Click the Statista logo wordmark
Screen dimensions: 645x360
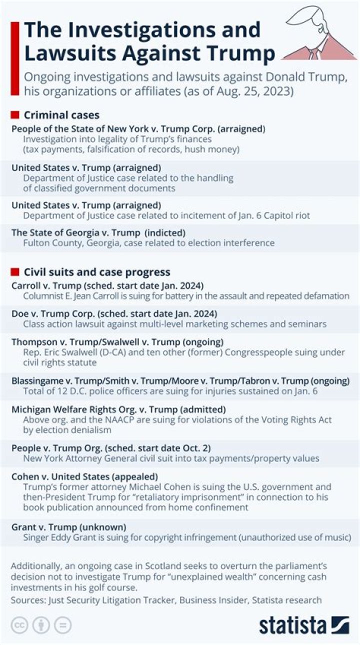pos(292,624)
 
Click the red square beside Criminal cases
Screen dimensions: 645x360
pos(15,115)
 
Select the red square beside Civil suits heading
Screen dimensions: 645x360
pos(15,272)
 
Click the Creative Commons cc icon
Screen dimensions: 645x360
pos(19,625)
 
